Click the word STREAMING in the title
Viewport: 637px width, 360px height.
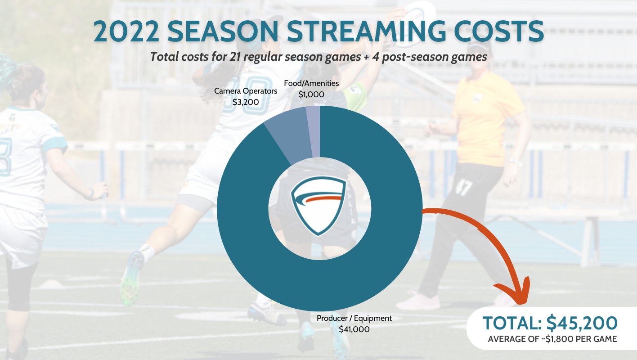pos(366,31)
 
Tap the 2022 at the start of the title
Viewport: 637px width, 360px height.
pos(126,31)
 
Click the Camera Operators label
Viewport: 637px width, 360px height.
pos(246,91)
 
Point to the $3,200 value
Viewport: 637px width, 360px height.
pos(246,102)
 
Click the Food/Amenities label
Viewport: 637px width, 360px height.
pos(311,83)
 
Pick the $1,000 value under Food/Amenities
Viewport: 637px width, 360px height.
pos(311,94)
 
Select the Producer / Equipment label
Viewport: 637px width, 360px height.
pos(354,318)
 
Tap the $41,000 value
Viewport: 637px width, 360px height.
pos(354,329)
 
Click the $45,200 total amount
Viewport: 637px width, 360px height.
pos(582,323)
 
